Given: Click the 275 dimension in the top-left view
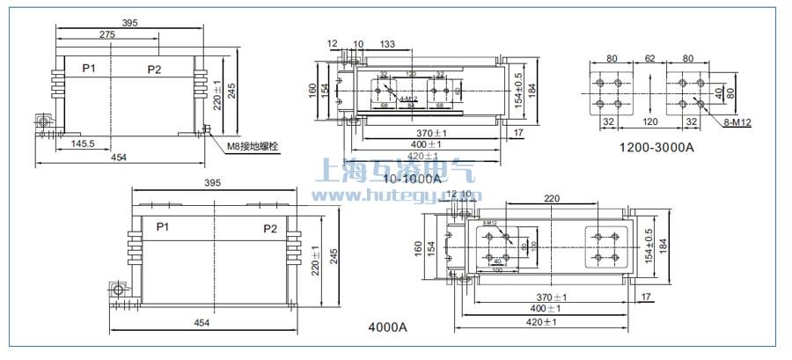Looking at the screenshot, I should (x=106, y=33).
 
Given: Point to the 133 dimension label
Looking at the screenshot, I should (x=388, y=45).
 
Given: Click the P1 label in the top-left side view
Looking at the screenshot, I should (x=89, y=69).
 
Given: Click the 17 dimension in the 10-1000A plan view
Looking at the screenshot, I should (x=518, y=133).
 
